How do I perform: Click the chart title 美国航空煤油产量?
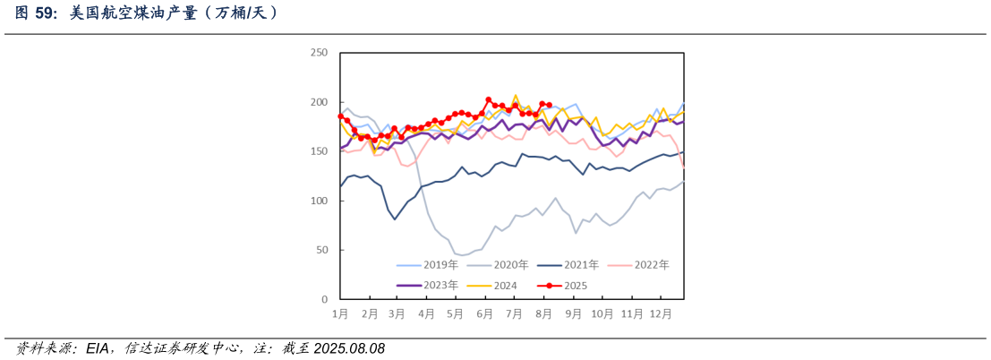[148, 13]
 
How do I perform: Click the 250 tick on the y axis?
[319, 53]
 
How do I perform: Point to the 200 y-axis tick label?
[319, 102]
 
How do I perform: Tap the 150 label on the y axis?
[319, 151]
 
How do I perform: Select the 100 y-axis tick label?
[319, 201]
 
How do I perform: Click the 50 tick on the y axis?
[321, 250]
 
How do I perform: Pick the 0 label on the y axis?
[324, 299]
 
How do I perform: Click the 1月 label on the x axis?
[340, 313]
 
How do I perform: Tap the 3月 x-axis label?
[397, 313]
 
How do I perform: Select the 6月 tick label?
[484, 313]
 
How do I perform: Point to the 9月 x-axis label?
[572, 313]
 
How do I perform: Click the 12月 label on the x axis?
[661, 313]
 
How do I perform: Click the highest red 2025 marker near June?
[488, 99]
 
